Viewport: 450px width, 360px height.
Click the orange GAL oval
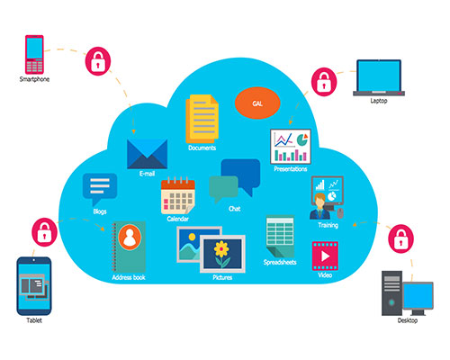[257, 103]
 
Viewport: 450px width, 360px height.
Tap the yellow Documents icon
[202, 119]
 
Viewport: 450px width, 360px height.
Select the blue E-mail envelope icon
[147, 154]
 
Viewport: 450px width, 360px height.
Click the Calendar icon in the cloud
[178, 195]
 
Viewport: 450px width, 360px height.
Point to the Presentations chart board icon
[291, 147]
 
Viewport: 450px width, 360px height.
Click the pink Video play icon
[325, 256]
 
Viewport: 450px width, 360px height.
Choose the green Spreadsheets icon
[280, 237]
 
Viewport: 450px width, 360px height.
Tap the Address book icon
[129, 247]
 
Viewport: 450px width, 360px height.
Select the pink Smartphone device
[34, 54]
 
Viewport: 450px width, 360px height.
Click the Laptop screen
[379, 76]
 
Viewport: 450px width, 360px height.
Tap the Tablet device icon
[34, 286]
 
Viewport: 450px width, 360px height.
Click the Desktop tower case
[391, 293]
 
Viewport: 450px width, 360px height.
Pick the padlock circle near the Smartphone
[98, 61]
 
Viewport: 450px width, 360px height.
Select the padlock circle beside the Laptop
[324, 82]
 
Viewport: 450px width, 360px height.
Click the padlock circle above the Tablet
[44, 232]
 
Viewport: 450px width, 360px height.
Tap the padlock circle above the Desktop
[400, 238]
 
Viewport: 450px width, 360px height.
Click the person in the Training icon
[319, 206]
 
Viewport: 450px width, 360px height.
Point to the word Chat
[234, 209]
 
